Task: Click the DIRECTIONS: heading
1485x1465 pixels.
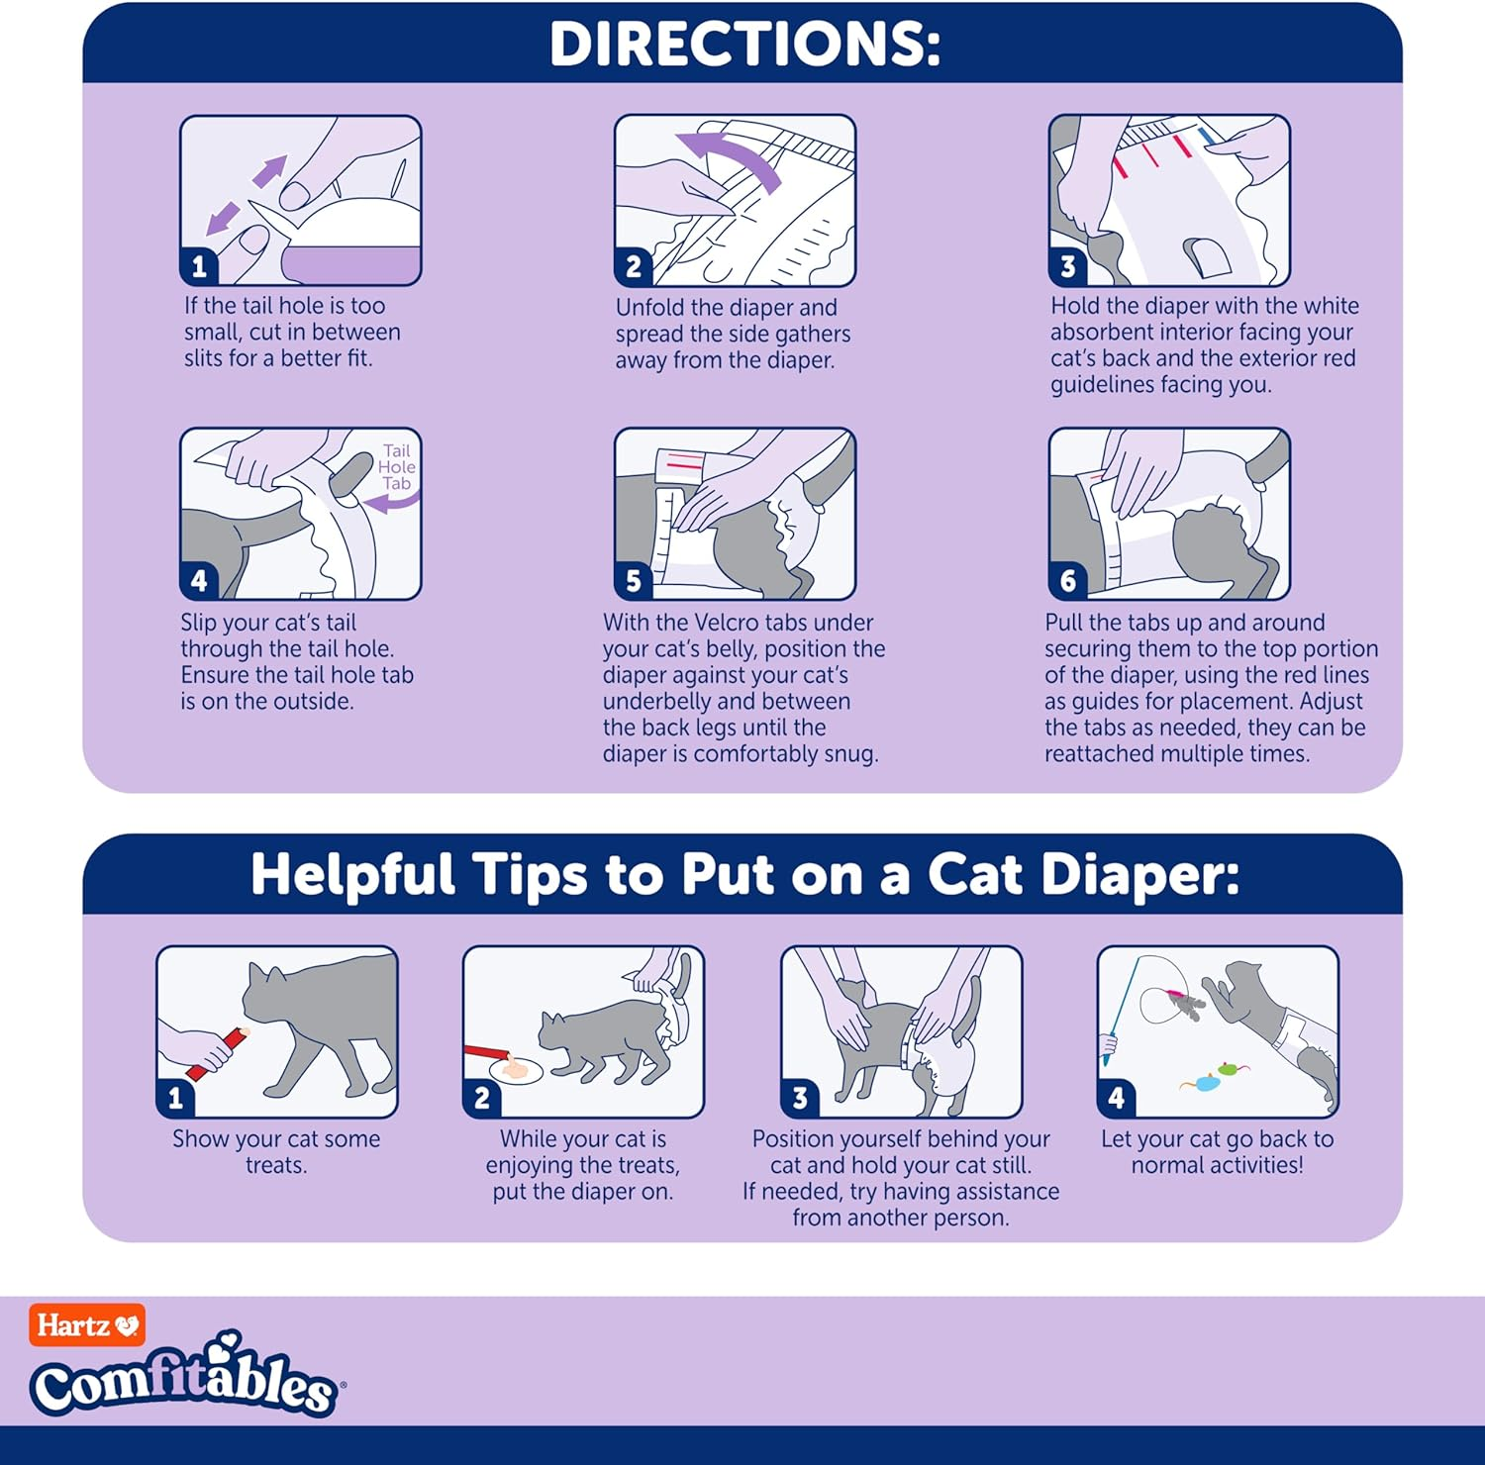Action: pyautogui.click(x=743, y=45)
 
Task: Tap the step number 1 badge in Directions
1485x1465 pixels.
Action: pyautogui.click(x=199, y=266)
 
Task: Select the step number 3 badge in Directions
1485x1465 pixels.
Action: pyautogui.click(x=1067, y=266)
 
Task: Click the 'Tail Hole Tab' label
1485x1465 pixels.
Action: pyautogui.click(x=396, y=467)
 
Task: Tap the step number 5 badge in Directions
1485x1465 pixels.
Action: pyautogui.click(x=634, y=580)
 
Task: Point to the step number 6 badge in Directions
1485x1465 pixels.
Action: pyautogui.click(x=1067, y=580)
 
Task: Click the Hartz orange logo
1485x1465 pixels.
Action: pyautogui.click(x=87, y=1325)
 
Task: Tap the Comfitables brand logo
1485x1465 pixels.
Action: pyautogui.click(x=184, y=1381)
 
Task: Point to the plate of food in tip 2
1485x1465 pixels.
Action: pyautogui.click(x=516, y=1069)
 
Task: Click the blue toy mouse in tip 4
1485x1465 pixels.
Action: pyautogui.click(x=1204, y=1084)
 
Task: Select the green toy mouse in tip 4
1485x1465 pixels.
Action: pyautogui.click(x=1230, y=1069)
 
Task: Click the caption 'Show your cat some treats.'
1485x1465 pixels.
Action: pyautogui.click(x=276, y=1151)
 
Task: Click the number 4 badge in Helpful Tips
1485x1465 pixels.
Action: pyautogui.click(x=1116, y=1098)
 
